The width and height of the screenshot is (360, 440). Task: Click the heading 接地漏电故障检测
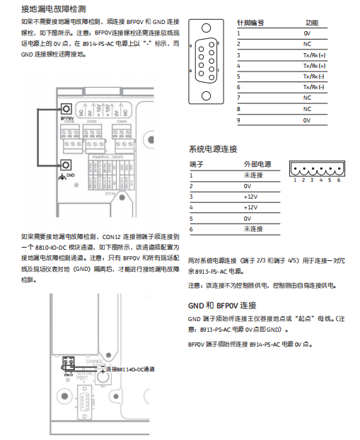[x=54, y=9]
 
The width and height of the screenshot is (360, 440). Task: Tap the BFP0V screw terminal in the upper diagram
[x=66, y=109]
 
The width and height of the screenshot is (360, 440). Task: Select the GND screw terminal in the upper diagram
[x=66, y=165]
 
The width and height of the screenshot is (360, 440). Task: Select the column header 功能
[x=311, y=23]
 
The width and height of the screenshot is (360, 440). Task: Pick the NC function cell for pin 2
[x=307, y=44]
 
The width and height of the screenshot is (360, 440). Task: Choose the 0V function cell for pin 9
[x=307, y=120]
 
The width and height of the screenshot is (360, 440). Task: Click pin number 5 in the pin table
[x=239, y=76]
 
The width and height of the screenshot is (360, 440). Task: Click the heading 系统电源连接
[x=213, y=149]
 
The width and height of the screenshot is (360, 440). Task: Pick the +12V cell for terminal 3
[x=250, y=196]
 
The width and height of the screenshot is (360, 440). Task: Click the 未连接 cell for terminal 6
[x=252, y=228]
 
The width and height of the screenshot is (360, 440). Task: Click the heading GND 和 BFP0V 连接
[x=222, y=306]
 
